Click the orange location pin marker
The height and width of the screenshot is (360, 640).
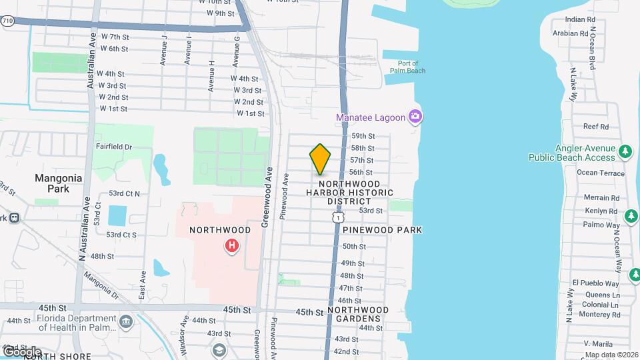click(320, 159)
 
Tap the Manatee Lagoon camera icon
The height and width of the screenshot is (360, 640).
click(415, 117)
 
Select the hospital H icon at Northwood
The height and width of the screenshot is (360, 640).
click(231, 246)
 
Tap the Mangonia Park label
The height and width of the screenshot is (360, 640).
click(59, 183)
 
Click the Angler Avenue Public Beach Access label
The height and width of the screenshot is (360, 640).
click(571, 153)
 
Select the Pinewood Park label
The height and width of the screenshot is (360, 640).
click(383, 229)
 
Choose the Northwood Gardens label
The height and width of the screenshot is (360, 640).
click(358, 314)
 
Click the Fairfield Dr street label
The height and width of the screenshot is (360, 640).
click(114, 146)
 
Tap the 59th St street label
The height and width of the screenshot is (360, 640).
click(363, 136)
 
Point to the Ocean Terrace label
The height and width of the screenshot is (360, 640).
click(601, 173)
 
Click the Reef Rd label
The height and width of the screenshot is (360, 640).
click(596, 126)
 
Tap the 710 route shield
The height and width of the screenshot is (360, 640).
click(7, 21)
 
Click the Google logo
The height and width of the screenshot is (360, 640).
click(21, 351)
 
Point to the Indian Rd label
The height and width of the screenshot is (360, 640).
click(579, 20)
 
